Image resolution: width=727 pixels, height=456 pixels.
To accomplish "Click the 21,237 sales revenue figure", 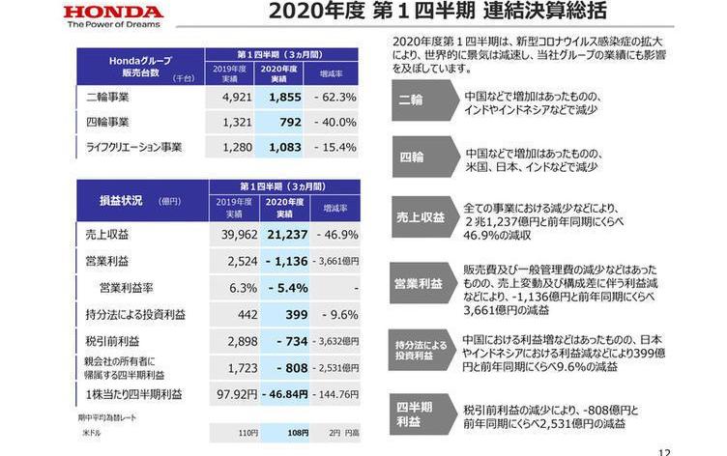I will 277,235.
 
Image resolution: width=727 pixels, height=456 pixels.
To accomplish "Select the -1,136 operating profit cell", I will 278,261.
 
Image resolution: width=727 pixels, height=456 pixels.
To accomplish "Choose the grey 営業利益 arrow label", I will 419,284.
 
